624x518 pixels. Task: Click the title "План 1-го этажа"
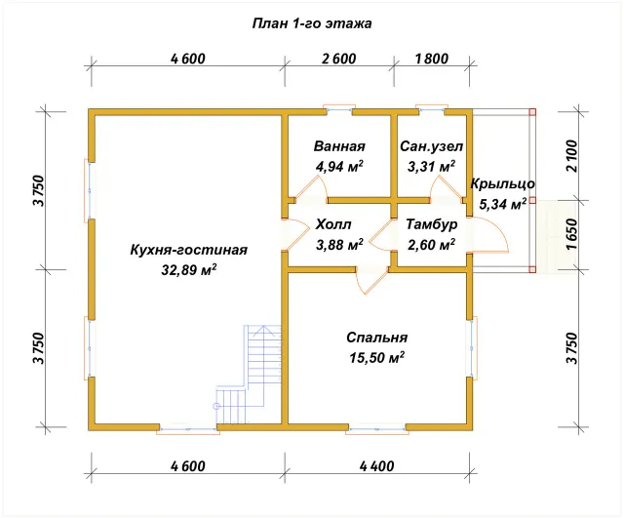(312, 23)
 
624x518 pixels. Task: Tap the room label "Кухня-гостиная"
(188, 250)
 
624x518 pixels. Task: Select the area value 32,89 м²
(188, 270)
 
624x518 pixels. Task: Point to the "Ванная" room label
(339, 146)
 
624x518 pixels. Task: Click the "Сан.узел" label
(431, 146)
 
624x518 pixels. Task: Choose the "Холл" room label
(333, 224)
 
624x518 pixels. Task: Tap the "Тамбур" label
(431, 224)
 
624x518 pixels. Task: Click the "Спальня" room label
(377, 338)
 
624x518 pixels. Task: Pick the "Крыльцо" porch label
(503, 184)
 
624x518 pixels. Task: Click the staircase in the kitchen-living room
(250, 374)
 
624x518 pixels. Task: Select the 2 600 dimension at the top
(339, 59)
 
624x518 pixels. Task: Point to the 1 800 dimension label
(431, 59)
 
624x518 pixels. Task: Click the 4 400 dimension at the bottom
(377, 466)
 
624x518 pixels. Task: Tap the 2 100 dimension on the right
(571, 156)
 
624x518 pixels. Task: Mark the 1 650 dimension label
(571, 234)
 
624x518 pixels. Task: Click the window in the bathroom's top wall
(339, 109)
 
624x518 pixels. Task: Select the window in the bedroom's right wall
(472, 346)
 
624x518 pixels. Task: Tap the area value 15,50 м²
(377, 357)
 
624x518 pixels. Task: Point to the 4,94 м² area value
(339, 166)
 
